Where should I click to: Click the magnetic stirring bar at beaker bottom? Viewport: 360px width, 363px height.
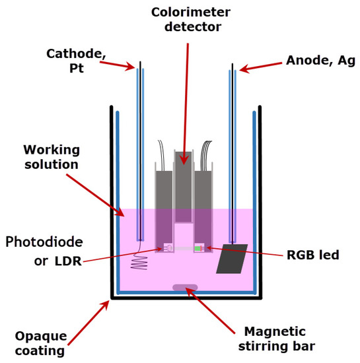pos(184,287)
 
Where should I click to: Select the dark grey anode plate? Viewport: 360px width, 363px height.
pos(231,259)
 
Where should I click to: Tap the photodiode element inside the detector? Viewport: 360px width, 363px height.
pos(167,248)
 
